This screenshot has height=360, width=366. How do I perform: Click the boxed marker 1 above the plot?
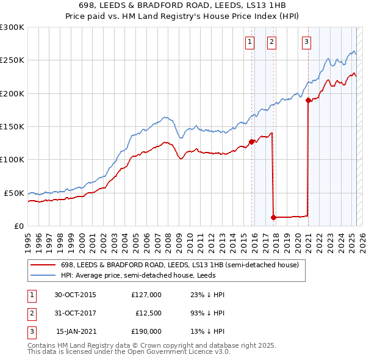point(250,42)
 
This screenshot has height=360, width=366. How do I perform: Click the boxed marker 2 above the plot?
point(271,42)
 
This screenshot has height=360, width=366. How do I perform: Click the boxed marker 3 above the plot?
point(306,42)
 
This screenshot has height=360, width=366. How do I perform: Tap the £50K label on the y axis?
point(14,193)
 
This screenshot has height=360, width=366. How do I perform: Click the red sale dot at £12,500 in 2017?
point(273,217)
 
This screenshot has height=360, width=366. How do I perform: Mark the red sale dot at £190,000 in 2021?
point(308,100)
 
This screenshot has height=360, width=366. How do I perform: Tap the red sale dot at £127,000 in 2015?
point(252,142)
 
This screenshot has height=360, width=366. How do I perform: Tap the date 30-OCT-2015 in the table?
point(75,295)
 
